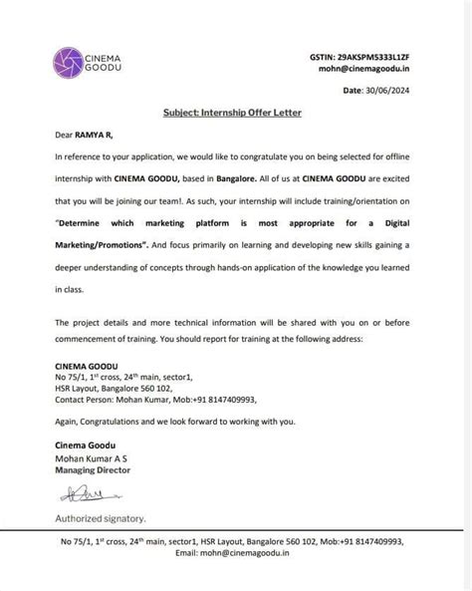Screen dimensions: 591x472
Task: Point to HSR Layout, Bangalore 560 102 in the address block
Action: (x=108, y=388)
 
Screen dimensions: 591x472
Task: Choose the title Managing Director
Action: (x=93, y=469)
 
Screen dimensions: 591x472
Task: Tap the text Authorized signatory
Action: (x=100, y=518)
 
